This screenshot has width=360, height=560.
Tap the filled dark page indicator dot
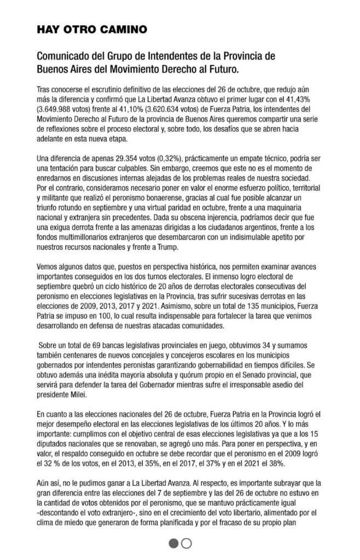click(x=173, y=543)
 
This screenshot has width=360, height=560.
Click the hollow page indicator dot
click(x=187, y=543)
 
